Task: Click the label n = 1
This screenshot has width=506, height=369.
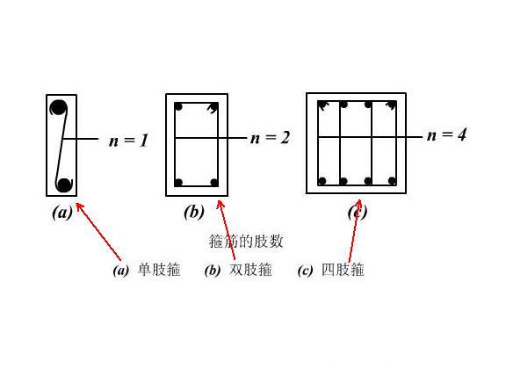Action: [x=128, y=141]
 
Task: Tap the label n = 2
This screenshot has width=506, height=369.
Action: [x=270, y=138]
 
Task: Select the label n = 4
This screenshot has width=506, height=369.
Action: [x=446, y=134]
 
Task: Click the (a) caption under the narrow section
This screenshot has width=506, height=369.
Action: [x=62, y=213]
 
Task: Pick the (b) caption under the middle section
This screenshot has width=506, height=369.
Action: [x=194, y=212]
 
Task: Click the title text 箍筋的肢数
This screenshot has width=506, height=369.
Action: [x=246, y=241]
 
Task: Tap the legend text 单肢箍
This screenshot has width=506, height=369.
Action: [x=159, y=270]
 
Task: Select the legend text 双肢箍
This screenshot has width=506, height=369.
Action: [x=250, y=270]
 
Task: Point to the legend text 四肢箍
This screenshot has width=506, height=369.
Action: [x=343, y=270]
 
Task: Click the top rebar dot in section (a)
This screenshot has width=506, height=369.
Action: [x=58, y=107]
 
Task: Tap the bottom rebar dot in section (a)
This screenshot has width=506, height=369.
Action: [x=64, y=185]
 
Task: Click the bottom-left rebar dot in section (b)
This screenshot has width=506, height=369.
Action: [x=178, y=183]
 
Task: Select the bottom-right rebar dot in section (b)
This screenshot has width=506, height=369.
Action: [x=214, y=183]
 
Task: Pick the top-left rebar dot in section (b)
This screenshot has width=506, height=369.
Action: [x=178, y=106]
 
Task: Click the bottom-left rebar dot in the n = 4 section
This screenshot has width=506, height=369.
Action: [x=322, y=181]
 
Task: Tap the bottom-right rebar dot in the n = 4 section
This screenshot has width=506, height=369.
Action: [x=392, y=181]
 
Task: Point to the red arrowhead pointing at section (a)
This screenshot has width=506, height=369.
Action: [x=79, y=206]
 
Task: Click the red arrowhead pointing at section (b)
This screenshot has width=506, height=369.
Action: [x=220, y=205]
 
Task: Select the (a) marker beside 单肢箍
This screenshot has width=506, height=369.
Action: [x=121, y=271]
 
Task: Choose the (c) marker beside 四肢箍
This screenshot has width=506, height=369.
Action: [x=305, y=271]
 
